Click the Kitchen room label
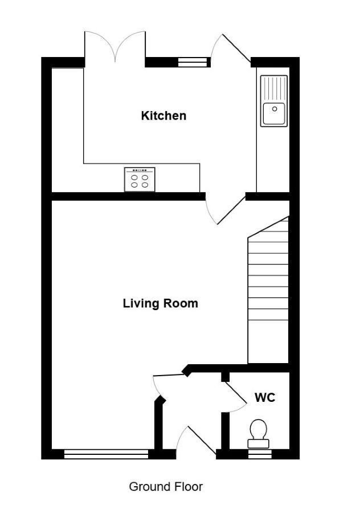point(163,116)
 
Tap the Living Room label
point(160,303)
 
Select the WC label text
point(265,397)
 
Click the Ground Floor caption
point(166,487)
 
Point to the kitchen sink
point(274,101)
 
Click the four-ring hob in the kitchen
point(140,180)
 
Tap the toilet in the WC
point(258,434)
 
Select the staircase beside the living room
point(268,290)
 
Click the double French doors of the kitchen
point(114,47)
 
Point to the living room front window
point(107,454)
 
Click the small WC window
point(260,454)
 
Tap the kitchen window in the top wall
point(193,62)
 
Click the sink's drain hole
point(275,109)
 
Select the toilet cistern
point(258,444)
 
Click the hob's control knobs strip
point(140,170)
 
